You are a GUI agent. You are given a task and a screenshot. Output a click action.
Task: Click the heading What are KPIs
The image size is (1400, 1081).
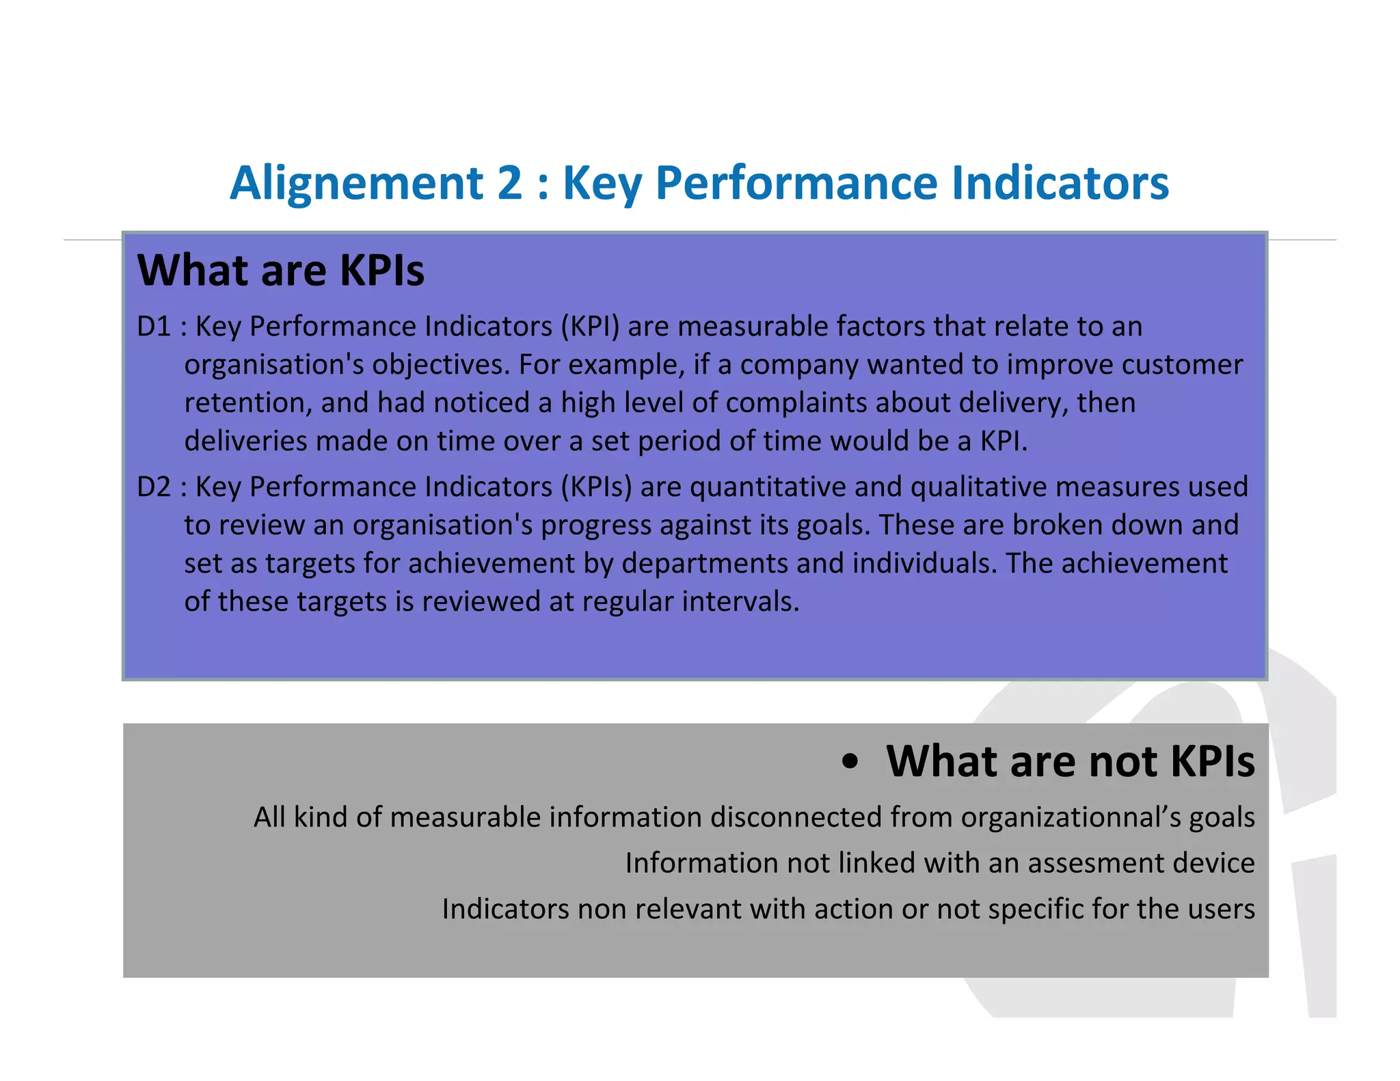281,271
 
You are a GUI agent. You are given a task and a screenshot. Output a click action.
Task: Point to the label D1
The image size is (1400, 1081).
154,327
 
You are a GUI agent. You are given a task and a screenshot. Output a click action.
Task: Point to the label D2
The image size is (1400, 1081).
154,487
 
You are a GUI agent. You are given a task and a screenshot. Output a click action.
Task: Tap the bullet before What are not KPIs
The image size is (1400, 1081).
850,762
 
